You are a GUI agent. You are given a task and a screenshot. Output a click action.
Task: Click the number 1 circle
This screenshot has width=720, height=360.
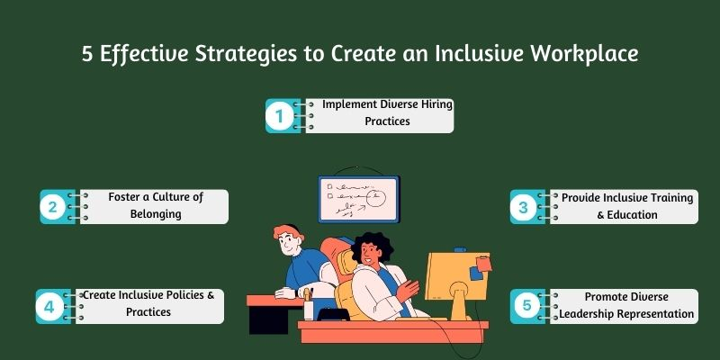280,116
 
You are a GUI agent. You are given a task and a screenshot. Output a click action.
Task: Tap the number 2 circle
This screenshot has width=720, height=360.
53,207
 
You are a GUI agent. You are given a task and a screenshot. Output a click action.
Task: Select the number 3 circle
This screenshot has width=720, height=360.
524,207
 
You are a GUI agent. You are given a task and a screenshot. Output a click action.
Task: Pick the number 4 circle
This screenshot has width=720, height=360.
49,306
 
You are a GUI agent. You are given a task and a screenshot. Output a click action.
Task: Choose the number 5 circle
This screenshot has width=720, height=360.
526,306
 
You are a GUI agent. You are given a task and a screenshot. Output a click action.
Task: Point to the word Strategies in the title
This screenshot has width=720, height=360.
245,55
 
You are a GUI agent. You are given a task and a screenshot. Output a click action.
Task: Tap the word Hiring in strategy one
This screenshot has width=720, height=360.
436,104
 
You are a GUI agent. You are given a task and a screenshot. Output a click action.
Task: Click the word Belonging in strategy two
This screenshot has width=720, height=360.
156,214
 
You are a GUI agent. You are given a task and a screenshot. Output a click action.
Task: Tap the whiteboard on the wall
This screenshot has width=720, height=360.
359,199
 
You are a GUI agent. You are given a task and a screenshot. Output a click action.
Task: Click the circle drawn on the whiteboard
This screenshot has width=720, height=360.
376,197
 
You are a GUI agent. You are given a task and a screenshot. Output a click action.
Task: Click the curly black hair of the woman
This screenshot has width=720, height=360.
372,243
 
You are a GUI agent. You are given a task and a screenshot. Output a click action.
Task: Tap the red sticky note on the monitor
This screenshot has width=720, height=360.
483,264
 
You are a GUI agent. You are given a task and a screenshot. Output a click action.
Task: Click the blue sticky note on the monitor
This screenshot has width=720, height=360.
476,274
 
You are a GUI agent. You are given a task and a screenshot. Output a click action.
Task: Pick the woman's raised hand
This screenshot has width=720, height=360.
408,290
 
